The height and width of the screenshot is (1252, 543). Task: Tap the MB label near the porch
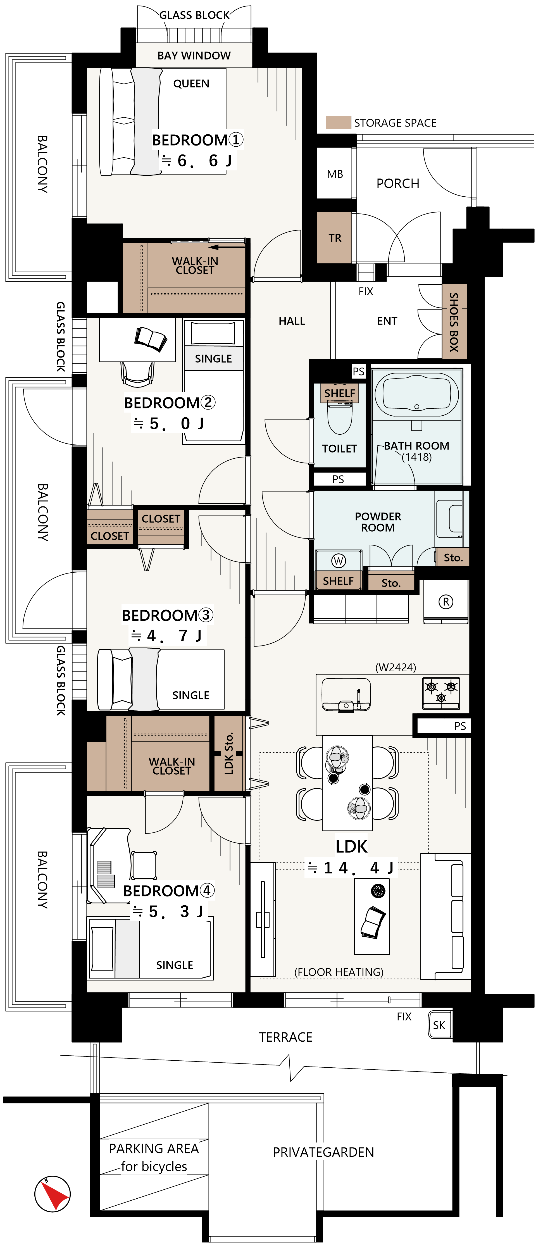click(335, 174)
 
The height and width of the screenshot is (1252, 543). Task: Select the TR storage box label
click(335, 238)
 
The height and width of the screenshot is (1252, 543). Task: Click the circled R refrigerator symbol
click(446, 602)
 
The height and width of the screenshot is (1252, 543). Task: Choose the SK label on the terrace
click(439, 1025)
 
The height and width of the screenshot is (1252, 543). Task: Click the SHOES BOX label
click(454, 322)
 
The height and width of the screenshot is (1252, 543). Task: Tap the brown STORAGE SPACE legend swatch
click(338, 122)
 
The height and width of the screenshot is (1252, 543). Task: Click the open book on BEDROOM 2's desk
click(151, 339)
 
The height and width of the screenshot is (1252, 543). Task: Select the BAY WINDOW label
click(194, 55)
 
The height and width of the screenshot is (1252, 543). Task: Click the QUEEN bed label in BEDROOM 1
click(191, 84)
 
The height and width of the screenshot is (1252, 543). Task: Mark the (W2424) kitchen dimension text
click(396, 667)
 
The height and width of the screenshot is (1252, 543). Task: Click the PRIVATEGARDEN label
click(323, 1152)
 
